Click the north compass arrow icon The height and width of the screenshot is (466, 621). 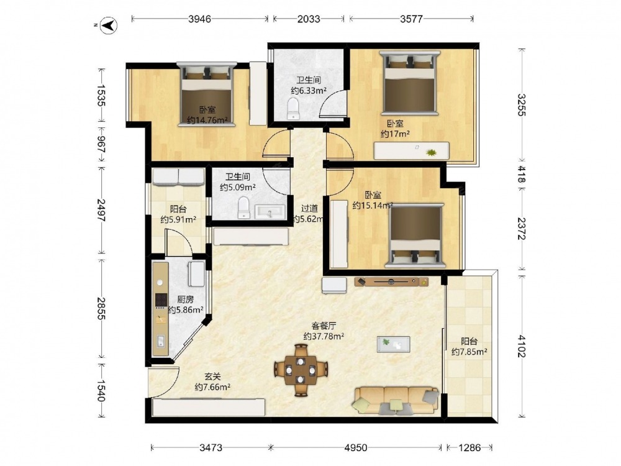click(110, 25)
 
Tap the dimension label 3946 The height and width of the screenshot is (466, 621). click(199, 19)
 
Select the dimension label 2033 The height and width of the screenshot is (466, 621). click(309, 19)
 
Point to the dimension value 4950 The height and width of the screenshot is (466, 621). click(356, 448)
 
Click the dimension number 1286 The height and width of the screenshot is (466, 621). click(469, 448)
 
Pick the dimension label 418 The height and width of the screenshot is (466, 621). click(521, 175)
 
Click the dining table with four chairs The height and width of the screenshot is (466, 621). click(301, 370)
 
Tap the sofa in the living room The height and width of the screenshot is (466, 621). click(396, 401)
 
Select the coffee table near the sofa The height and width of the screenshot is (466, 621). click(393, 344)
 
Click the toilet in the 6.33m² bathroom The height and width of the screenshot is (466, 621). click(293, 109)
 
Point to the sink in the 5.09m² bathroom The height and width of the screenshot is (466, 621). click(270, 212)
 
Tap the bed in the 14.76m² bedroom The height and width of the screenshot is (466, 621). click(206, 94)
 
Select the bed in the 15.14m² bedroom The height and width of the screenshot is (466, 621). click(416, 235)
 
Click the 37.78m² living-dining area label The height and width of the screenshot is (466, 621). click(324, 331)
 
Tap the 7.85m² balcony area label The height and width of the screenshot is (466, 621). click(469, 346)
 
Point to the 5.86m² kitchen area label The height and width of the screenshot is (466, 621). click(186, 304)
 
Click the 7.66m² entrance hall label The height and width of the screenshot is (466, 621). click(212, 382)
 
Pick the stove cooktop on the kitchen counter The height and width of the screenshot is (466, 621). click(160, 300)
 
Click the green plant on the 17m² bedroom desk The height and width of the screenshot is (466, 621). click(430, 152)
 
